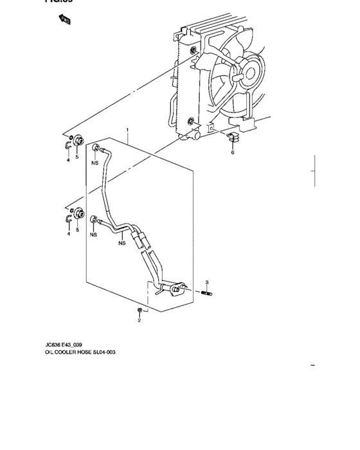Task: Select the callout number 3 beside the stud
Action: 207,283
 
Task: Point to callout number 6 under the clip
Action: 233,153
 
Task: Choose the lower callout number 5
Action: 78,230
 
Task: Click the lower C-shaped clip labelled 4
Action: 69,221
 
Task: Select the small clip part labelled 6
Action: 233,137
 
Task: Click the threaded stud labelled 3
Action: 208,294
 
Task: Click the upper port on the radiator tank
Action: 193,51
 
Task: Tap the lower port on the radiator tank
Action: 191,121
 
